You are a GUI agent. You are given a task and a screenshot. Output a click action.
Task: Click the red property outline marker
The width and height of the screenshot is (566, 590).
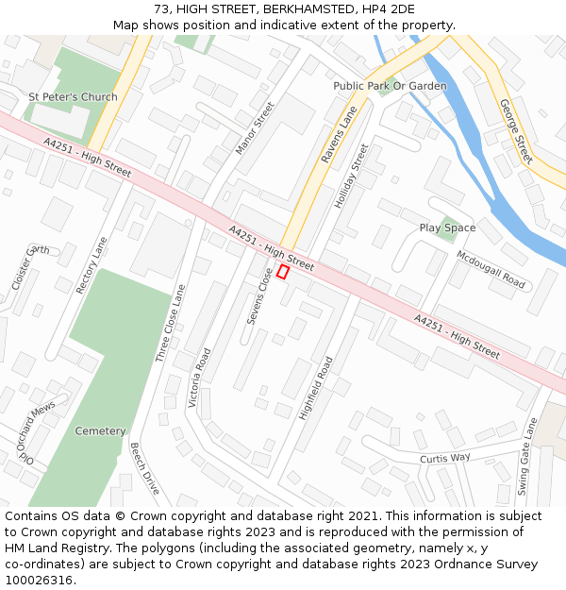click(283, 271)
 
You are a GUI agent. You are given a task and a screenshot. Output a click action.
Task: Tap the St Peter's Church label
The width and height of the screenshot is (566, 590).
click(73, 97)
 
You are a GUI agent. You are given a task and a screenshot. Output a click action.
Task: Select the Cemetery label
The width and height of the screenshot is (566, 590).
click(100, 431)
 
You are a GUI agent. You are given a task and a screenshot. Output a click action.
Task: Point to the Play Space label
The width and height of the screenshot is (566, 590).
click(447, 228)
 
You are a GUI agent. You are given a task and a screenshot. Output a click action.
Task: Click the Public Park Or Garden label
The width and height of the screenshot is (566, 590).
click(390, 86)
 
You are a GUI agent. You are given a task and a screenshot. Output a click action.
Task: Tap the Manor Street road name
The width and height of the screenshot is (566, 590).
click(254, 129)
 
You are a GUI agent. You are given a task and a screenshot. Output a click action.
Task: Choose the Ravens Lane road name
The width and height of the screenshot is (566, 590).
click(340, 135)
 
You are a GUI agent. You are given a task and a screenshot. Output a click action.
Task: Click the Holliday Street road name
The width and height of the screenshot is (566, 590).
click(351, 176)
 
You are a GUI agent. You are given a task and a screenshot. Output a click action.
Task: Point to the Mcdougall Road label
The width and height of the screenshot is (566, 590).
click(491, 269)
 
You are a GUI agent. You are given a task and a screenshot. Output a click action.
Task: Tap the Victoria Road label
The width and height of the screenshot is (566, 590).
click(199, 378)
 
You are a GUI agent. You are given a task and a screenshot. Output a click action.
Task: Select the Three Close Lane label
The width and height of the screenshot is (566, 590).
click(171, 324)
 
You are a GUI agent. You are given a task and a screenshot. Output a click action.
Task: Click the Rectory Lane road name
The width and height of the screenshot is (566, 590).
click(92, 265)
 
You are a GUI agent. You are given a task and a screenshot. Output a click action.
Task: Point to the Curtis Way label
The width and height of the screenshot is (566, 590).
click(444, 458)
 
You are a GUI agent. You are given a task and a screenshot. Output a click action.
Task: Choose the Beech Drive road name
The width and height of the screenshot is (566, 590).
click(144, 468)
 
